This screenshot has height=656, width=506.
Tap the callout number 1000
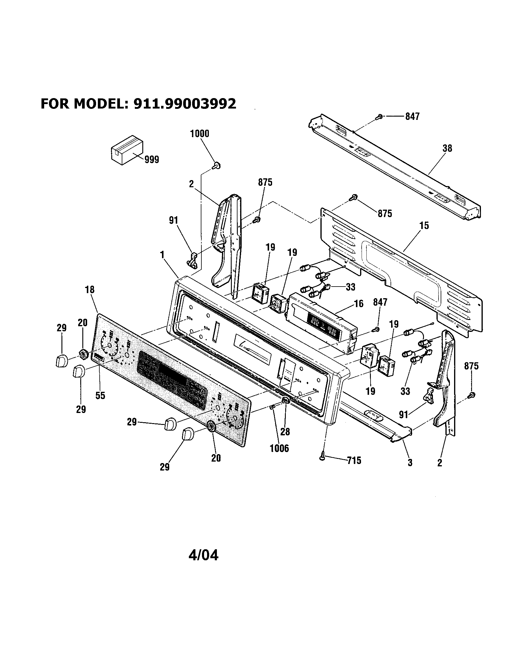200,134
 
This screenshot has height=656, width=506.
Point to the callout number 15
424,226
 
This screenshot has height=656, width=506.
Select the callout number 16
359,304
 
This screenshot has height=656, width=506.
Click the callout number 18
90,290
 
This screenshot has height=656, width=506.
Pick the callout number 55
100,396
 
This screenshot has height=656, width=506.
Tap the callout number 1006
280,448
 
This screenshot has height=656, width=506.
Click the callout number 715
354,460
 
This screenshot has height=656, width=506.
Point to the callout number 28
285,432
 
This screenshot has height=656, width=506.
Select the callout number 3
410,463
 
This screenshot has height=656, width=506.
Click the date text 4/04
203,556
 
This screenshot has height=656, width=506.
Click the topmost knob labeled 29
61,360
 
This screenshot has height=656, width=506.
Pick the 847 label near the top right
412,117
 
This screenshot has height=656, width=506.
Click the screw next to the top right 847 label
380,117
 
